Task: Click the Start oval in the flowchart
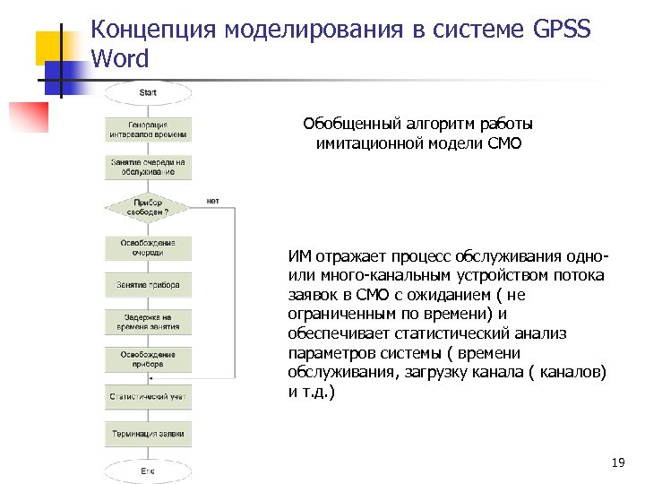coord(148,91)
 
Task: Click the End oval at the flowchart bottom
coord(148,471)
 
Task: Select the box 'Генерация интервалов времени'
coord(149,129)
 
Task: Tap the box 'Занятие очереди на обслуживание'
coord(149,167)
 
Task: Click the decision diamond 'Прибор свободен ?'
coord(149,208)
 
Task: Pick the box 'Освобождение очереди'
coord(149,247)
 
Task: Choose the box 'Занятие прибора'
coord(149,285)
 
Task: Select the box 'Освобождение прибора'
coord(149,359)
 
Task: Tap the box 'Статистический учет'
coord(149,395)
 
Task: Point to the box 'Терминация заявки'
coord(149,434)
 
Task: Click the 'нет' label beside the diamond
coord(212,201)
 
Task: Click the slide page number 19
coord(616,462)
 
